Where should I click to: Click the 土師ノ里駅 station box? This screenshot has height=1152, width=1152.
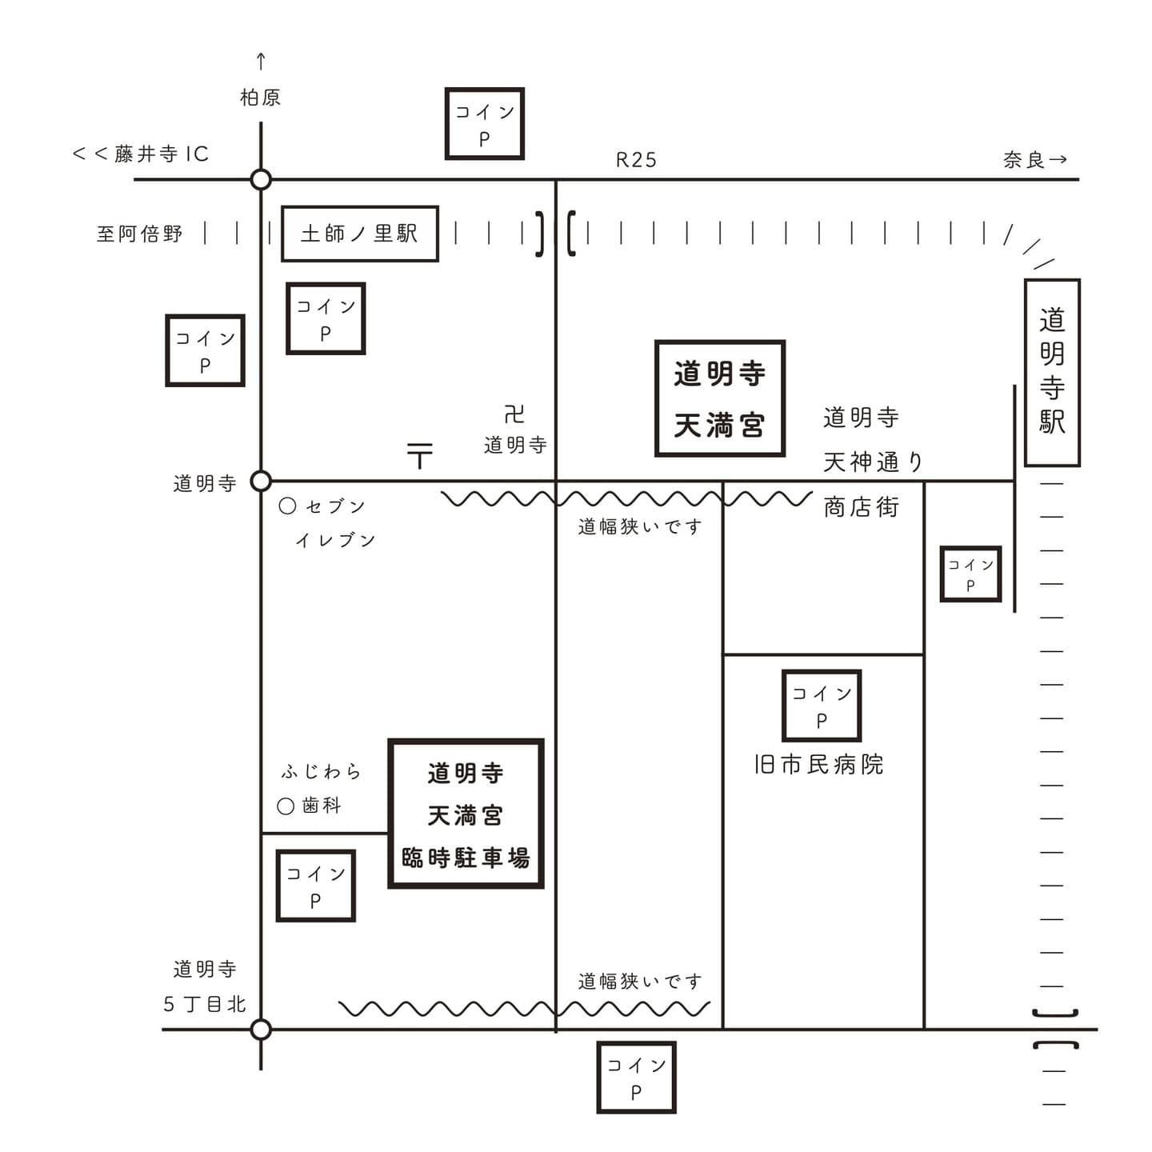(x=359, y=234)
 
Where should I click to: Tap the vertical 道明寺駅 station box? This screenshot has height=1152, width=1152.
(x=1052, y=372)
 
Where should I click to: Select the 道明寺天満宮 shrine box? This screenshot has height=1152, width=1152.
(x=719, y=398)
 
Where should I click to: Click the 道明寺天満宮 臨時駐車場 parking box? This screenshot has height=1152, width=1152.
(x=466, y=814)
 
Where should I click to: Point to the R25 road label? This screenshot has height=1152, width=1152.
(x=636, y=160)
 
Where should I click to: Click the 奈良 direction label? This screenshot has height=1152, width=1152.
(x=1025, y=160)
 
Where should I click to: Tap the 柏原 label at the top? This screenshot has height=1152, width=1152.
(x=260, y=98)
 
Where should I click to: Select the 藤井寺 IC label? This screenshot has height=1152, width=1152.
(x=161, y=154)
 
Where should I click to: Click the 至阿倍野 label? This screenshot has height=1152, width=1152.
(x=139, y=234)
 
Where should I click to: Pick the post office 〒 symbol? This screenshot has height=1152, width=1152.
(x=419, y=455)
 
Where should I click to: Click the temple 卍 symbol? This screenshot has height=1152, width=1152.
(x=514, y=414)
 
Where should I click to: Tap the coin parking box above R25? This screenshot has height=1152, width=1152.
(x=484, y=124)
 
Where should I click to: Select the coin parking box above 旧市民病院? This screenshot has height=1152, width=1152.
(x=821, y=706)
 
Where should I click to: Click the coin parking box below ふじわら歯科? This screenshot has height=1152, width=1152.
(x=315, y=886)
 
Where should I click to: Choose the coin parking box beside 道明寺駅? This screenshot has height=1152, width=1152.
(x=970, y=574)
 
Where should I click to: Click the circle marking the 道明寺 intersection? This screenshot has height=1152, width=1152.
(x=261, y=481)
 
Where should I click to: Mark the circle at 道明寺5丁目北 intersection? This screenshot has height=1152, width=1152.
(x=261, y=1029)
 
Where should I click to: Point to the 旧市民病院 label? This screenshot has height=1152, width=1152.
(x=818, y=765)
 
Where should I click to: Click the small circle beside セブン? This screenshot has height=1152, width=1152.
(x=287, y=506)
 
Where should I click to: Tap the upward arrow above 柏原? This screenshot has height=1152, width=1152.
(x=260, y=61)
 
